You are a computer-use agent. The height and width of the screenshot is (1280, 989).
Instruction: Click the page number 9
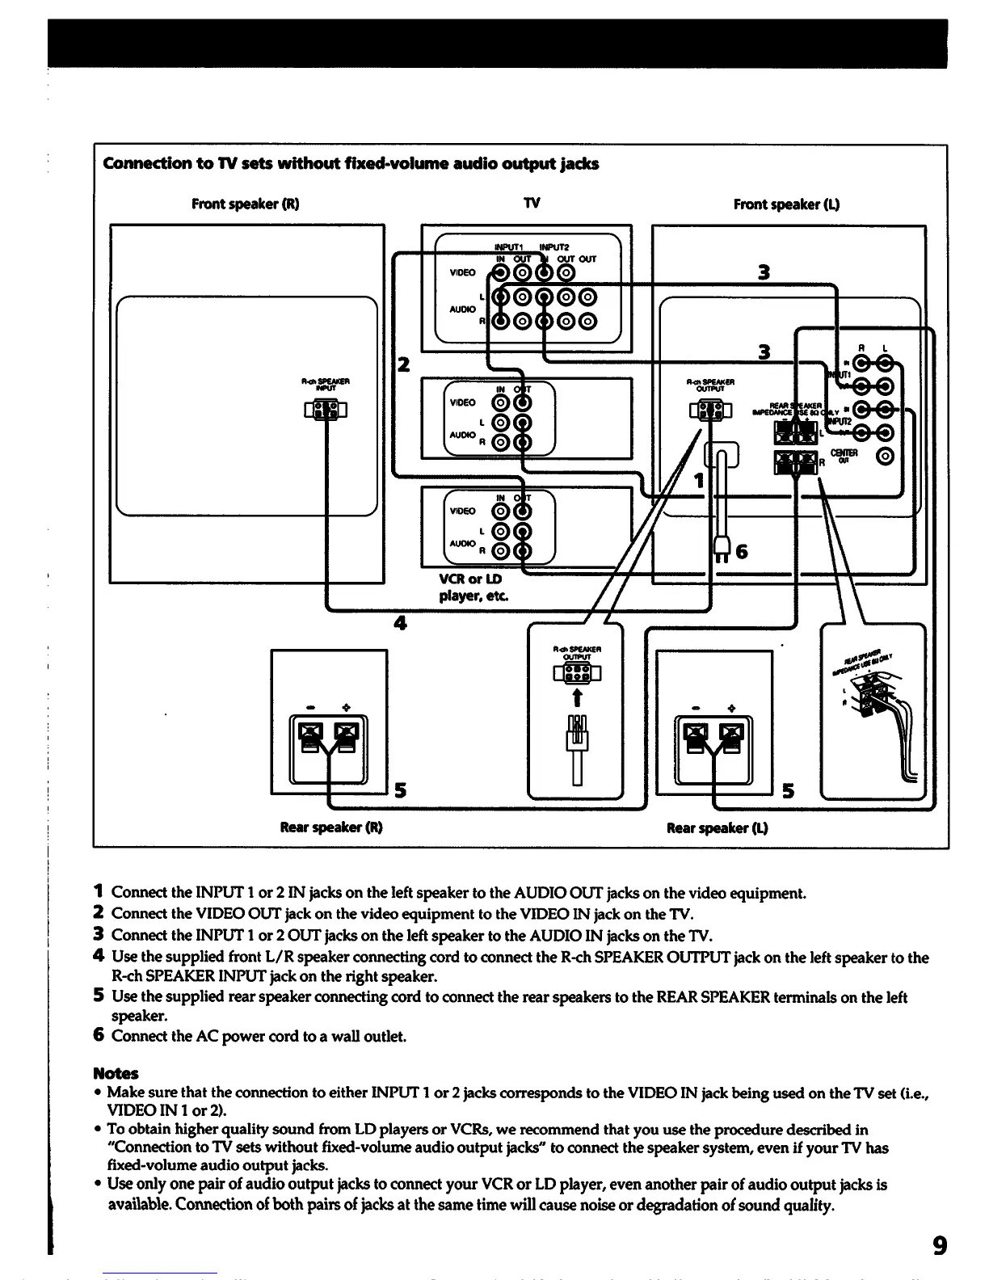[939, 1244]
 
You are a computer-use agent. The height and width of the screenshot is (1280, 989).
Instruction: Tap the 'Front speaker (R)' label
[245, 204]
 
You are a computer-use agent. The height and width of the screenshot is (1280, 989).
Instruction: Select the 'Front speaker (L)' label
[786, 204]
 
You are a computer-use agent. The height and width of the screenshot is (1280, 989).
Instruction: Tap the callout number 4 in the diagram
[400, 622]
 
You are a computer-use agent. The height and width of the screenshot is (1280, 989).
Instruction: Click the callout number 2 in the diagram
[403, 364]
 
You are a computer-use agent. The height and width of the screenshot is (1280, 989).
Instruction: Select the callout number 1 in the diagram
[699, 482]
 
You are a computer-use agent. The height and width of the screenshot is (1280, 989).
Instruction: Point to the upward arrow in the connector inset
[576, 698]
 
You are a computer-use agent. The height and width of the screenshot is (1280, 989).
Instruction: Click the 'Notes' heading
[116, 1073]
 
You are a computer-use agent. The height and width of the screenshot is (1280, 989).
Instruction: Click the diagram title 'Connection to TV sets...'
[351, 164]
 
